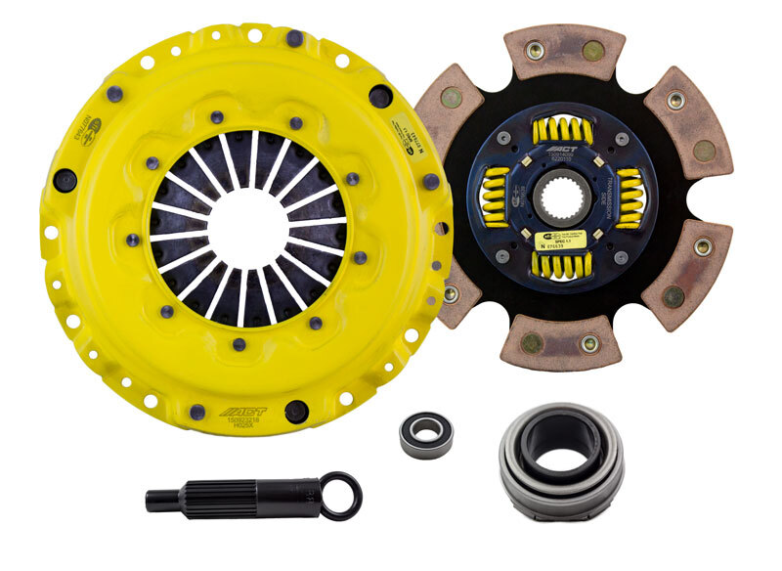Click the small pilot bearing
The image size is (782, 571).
pos(426,433)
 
